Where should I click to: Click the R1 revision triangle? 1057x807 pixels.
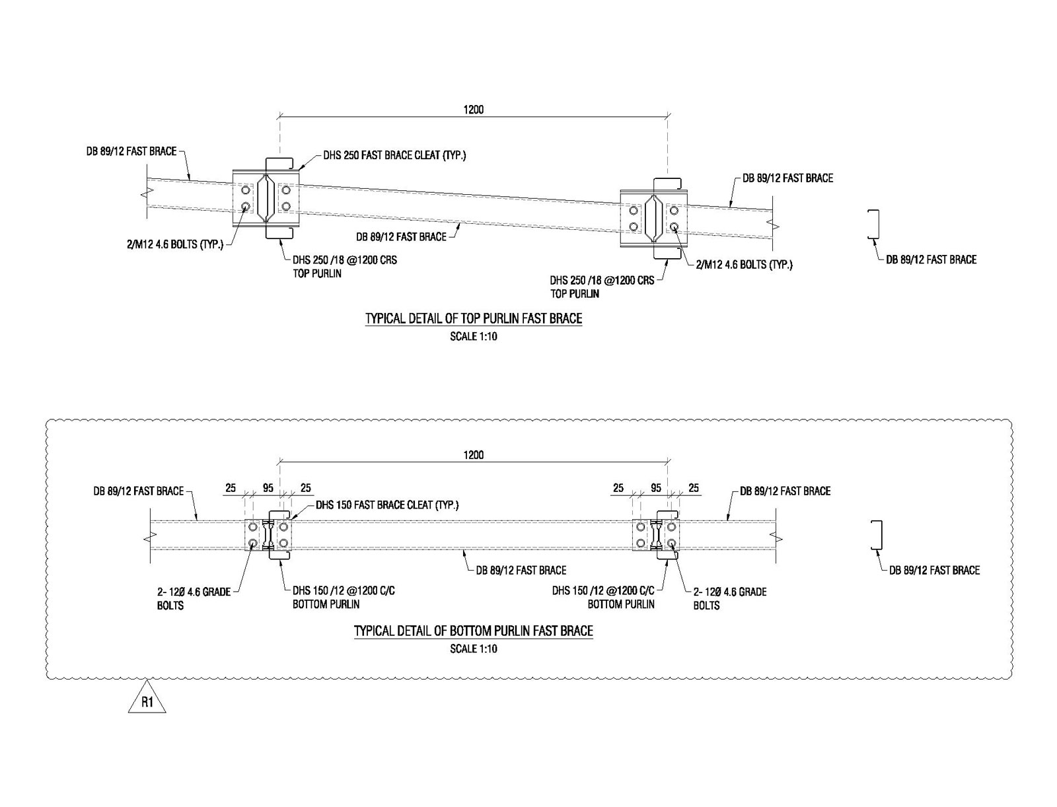(x=147, y=701)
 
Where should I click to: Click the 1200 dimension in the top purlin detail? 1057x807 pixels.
(x=473, y=110)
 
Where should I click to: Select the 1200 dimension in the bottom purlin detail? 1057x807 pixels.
(x=473, y=455)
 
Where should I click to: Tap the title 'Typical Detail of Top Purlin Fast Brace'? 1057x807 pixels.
(x=474, y=319)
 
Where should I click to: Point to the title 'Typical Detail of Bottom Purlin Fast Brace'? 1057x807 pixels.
(x=474, y=631)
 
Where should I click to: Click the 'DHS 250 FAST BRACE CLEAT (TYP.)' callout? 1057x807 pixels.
(x=394, y=157)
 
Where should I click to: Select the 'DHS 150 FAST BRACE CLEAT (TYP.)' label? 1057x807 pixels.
(x=386, y=505)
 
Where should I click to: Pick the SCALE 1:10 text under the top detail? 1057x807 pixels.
(x=473, y=337)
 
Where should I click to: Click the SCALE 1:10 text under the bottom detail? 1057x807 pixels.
(x=473, y=649)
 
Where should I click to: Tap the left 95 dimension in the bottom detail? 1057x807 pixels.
(x=268, y=489)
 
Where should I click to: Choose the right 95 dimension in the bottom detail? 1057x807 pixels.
(x=656, y=489)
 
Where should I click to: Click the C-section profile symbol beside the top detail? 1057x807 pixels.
(x=874, y=225)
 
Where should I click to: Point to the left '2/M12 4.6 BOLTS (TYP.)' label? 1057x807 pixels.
(x=175, y=244)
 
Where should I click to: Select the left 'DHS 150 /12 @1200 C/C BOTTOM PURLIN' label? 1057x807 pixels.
(x=344, y=598)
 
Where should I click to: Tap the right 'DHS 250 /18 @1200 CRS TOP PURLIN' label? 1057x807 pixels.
(x=602, y=287)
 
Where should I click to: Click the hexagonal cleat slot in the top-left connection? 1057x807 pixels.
(x=265, y=198)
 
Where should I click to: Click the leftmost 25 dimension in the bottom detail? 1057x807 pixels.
(x=231, y=489)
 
